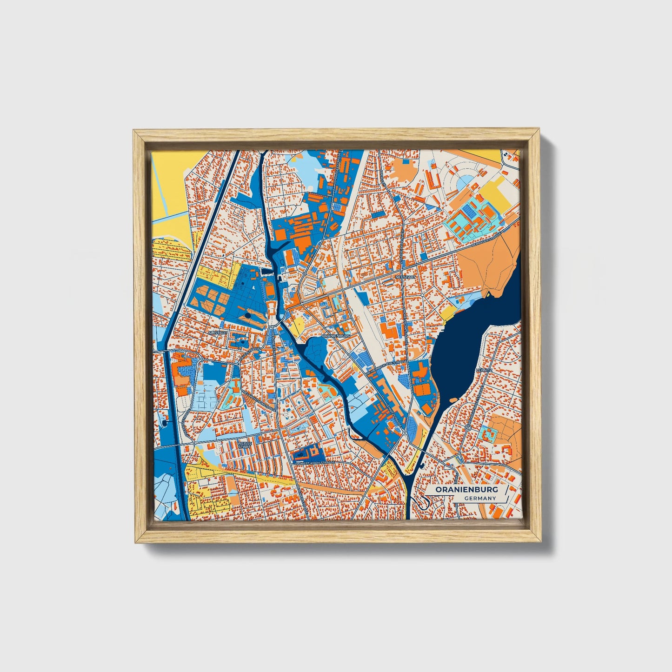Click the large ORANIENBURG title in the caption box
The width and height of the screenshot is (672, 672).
[x=466, y=490]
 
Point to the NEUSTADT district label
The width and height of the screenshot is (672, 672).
[x=404, y=276]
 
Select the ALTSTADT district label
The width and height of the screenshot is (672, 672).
[x=217, y=333]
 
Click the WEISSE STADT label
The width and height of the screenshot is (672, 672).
[x=244, y=445]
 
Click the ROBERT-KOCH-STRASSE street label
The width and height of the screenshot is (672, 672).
[x=314, y=463]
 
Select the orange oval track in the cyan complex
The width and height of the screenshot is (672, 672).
[x=490, y=213]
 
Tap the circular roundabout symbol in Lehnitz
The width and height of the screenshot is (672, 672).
[x=468, y=427]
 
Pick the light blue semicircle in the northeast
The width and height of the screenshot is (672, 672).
[x=463, y=186]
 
